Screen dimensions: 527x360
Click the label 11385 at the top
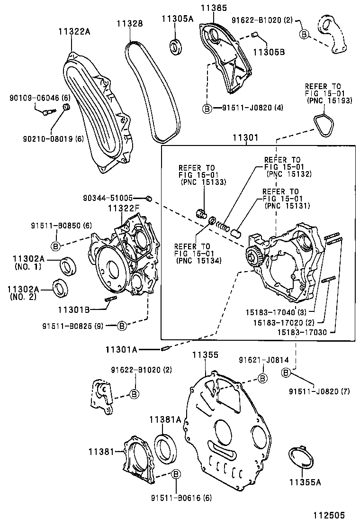click(x=213, y=8)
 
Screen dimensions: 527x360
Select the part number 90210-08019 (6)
click(x=46, y=139)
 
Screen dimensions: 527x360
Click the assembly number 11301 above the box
click(x=245, y=138)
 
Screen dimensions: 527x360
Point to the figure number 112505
click(x=328, y=515)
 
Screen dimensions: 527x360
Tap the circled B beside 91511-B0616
click(x=175, y=474)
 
